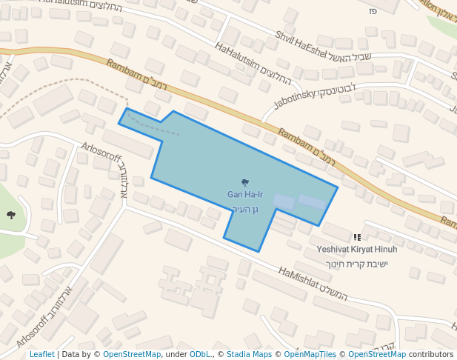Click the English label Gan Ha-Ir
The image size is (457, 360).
(x=244, y=194)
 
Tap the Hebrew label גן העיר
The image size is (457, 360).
(x=244, y=209)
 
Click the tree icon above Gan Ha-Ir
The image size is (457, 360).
(x=245, y=181)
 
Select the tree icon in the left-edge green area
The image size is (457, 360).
(x=11, y=215)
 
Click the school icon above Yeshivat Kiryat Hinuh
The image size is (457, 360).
(x=358, y=237)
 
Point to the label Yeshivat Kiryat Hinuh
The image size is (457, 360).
(x=357, y=250)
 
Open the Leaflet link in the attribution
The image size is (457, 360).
(x=41, y=354)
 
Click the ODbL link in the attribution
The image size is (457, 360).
(x=200, y=354)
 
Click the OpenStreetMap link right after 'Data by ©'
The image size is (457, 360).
(x=132, y=354)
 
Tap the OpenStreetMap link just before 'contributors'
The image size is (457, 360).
(x=377, y=354)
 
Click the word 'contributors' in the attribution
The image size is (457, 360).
(x=431, y=354)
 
